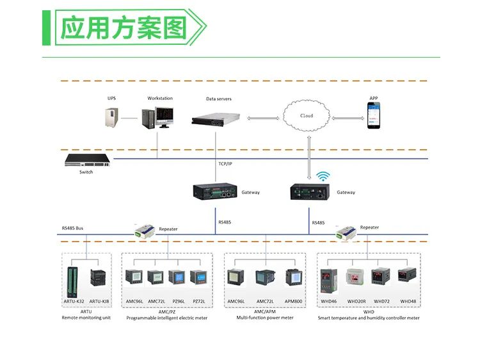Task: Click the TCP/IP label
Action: (x=225, y=164)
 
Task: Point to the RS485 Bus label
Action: (x=72, y=228)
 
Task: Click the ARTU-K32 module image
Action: (x=72, y=281)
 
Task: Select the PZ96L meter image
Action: (x=176, y=278)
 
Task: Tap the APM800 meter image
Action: (x=293, y=277)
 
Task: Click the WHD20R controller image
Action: (x=356, y=277)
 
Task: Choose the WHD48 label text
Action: (x=408, y=301)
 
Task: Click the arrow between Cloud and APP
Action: (x=348, y=118)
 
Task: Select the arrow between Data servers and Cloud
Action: (x=262, y=118)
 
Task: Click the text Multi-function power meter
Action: (x=264, y=318)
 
